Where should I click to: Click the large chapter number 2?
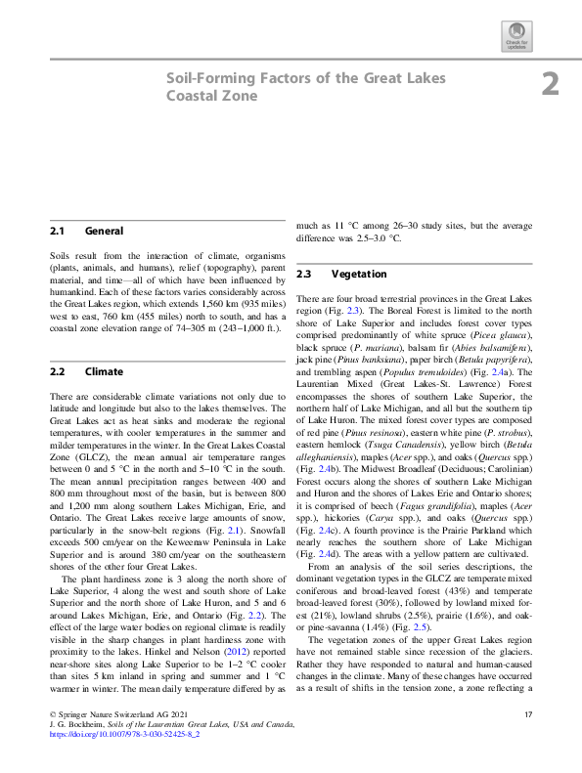click(x=551, y=84)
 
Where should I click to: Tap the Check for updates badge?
click(x=515, y=39)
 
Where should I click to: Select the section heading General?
click(x=105, y=232)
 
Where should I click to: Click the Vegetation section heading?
click(x=359, y=275)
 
